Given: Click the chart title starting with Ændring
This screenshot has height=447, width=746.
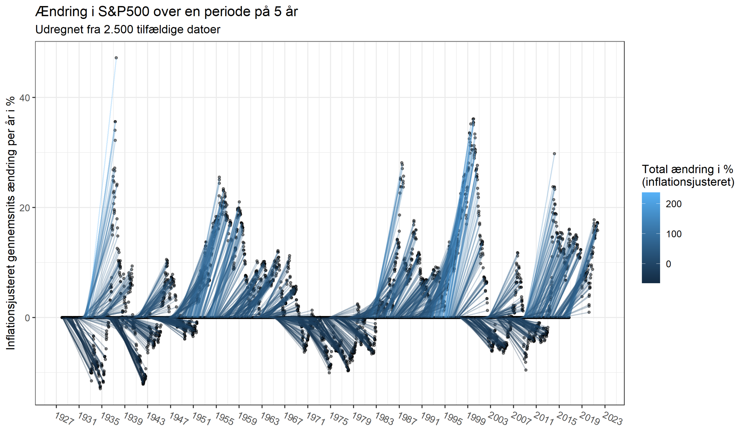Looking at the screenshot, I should tap(166, 12).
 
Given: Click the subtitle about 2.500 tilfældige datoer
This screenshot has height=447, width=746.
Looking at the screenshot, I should tap(128, 29).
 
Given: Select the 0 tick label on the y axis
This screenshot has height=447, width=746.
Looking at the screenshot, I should tap(27, 318).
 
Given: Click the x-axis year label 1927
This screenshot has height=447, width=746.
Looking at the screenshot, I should tap(64, 419).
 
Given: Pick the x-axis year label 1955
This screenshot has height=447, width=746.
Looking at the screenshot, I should tap(224, 419).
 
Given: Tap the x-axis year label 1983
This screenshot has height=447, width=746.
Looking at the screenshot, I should tap(384, 419).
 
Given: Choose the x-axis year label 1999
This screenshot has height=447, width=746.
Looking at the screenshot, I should tap(476, 419).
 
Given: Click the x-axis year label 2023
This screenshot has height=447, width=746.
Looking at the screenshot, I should tap(613, 419).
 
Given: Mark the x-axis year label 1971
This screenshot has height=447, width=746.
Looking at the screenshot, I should tap(315, 419).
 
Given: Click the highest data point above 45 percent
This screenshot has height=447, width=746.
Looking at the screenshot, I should tap(116, 58).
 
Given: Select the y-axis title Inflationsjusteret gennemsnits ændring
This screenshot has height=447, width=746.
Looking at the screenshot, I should tap(11, 223).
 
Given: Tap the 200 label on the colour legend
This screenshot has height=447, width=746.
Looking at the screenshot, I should tap(674, 204).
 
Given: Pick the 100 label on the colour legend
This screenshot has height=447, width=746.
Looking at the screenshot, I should tap(674, 234).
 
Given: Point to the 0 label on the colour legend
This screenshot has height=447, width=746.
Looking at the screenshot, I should tap(668, 264).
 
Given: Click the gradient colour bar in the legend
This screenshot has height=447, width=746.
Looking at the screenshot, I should tap(651, 238).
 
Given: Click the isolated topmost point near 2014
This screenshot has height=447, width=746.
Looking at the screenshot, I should tap(554, 154).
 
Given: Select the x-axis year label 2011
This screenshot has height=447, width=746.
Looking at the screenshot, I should tap(544, 419).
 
